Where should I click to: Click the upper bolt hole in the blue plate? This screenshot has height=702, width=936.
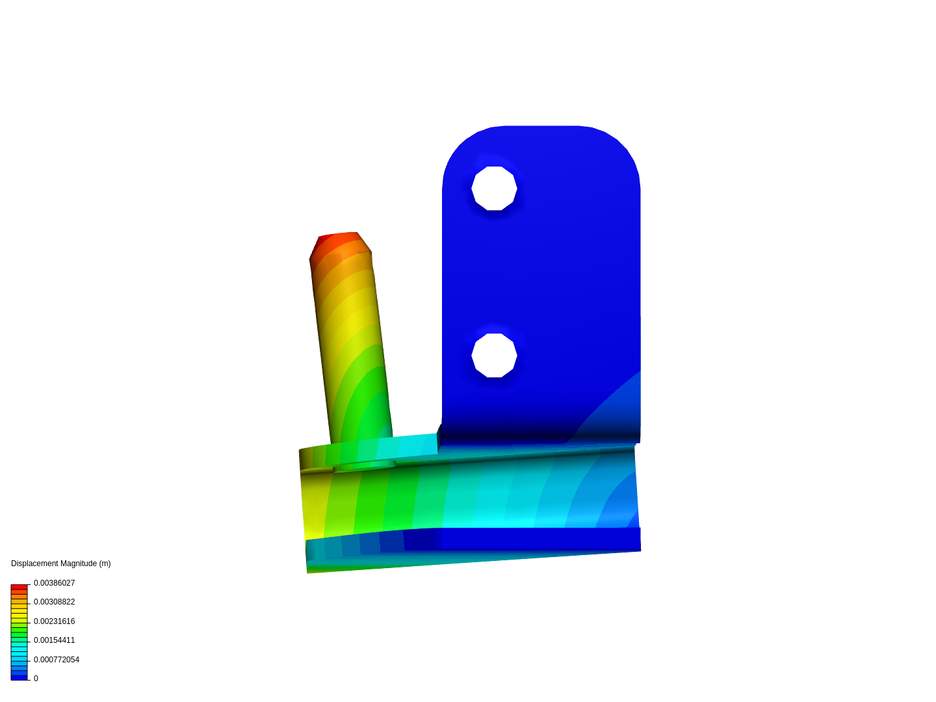coord(494,188)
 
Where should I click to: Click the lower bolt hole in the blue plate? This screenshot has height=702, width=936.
coord(494,356)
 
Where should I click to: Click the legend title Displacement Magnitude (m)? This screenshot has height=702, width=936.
coord(60,564)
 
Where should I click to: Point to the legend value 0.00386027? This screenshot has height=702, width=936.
coord(54,583)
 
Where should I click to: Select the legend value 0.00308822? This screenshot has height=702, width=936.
coord(54,602)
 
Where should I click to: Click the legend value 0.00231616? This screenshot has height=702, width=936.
coord(54,621)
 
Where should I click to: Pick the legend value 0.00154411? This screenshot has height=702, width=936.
coord(54,640)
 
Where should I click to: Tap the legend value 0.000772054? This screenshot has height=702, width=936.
coord(56,660)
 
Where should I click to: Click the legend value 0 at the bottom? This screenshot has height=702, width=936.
coord(36,679)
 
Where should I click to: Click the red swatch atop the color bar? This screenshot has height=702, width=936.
coord(19,587)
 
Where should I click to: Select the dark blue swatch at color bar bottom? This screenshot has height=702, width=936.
coord(19,677)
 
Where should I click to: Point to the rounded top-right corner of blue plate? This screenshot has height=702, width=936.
coord(617,146)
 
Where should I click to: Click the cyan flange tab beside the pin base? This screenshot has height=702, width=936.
coord(409,447)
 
